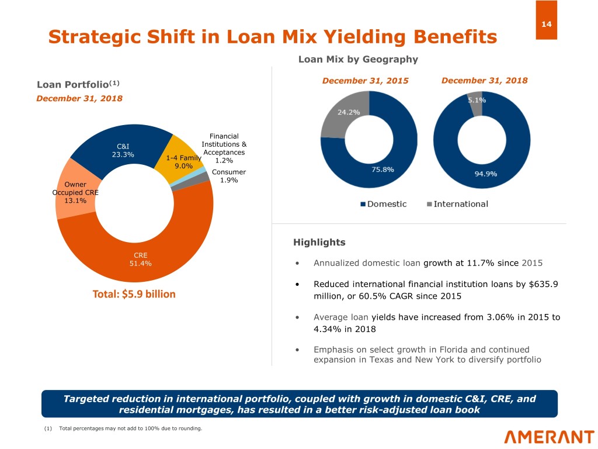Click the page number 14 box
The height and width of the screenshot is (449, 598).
[546, 20]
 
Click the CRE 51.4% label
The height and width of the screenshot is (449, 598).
[140, 259]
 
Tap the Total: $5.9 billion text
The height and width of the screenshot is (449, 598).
[134, 294]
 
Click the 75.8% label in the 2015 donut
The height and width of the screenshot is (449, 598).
[383, 169]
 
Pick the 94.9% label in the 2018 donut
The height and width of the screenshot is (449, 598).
[485, 174]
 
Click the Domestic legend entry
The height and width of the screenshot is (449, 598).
[383, 204]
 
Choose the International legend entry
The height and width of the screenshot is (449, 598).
[457, 204]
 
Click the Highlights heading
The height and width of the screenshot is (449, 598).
[319, 242]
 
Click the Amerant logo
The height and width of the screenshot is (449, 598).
[549, 437]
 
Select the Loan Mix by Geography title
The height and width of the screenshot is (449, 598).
[358, 59]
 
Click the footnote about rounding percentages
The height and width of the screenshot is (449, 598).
[123, 429]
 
